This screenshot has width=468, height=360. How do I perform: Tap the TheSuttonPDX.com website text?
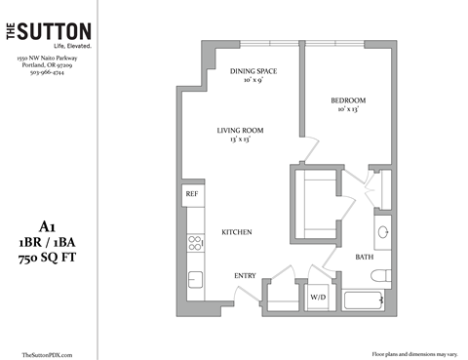47,353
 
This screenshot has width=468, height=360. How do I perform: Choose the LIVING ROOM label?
240,131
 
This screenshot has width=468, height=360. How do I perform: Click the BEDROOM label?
348,101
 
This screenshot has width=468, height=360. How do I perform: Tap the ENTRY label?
245,276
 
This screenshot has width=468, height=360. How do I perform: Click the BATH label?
365,258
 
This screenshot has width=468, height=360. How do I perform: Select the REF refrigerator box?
192,194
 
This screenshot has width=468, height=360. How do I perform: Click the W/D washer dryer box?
319,296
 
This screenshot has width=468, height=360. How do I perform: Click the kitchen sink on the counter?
194,279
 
